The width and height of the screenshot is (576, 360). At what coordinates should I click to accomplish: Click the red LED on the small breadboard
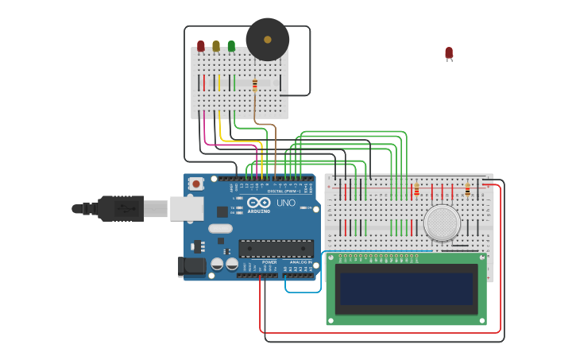[x=201, y=46]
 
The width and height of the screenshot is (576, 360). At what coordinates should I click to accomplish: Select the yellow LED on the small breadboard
[x=216, y=46]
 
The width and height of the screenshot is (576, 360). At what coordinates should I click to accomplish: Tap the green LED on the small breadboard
[x=231, y=46]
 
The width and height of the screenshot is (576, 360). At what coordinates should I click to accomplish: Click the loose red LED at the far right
[x=449, y=53]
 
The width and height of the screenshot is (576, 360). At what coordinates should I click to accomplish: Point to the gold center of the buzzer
[x=268, y=39]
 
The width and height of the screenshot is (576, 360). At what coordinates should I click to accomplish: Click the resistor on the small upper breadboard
[x=255, y=85]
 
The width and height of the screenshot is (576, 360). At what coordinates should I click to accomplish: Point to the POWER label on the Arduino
[x=269, y=261]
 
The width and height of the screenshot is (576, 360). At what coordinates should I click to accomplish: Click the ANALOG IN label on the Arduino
[x=300, y=261]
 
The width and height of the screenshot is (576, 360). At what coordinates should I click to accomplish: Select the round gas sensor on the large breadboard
[x=442, y=223]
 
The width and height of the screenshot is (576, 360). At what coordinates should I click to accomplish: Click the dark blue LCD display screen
[x=406, y=288]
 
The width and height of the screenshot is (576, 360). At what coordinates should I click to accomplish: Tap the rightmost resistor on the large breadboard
[x=467, y=190]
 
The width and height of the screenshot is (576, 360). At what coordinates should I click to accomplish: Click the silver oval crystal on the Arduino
[x=221, y=229]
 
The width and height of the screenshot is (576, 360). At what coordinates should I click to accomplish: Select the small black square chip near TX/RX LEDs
[x=222, y=212]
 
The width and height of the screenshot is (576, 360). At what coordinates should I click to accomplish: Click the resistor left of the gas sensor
[x=416, y=190]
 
